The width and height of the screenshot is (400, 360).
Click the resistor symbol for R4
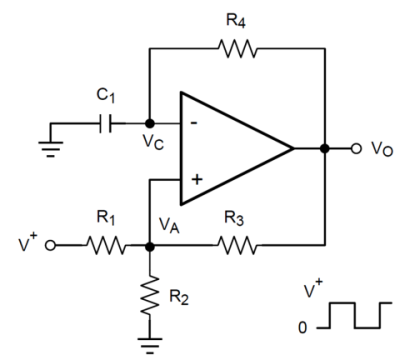(236, 46)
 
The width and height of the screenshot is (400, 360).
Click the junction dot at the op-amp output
(324, 149)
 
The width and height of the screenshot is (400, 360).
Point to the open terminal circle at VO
(354, 149)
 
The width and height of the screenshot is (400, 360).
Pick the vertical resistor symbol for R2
(148, 297)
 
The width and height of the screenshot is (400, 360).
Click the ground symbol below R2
(148, 343)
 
